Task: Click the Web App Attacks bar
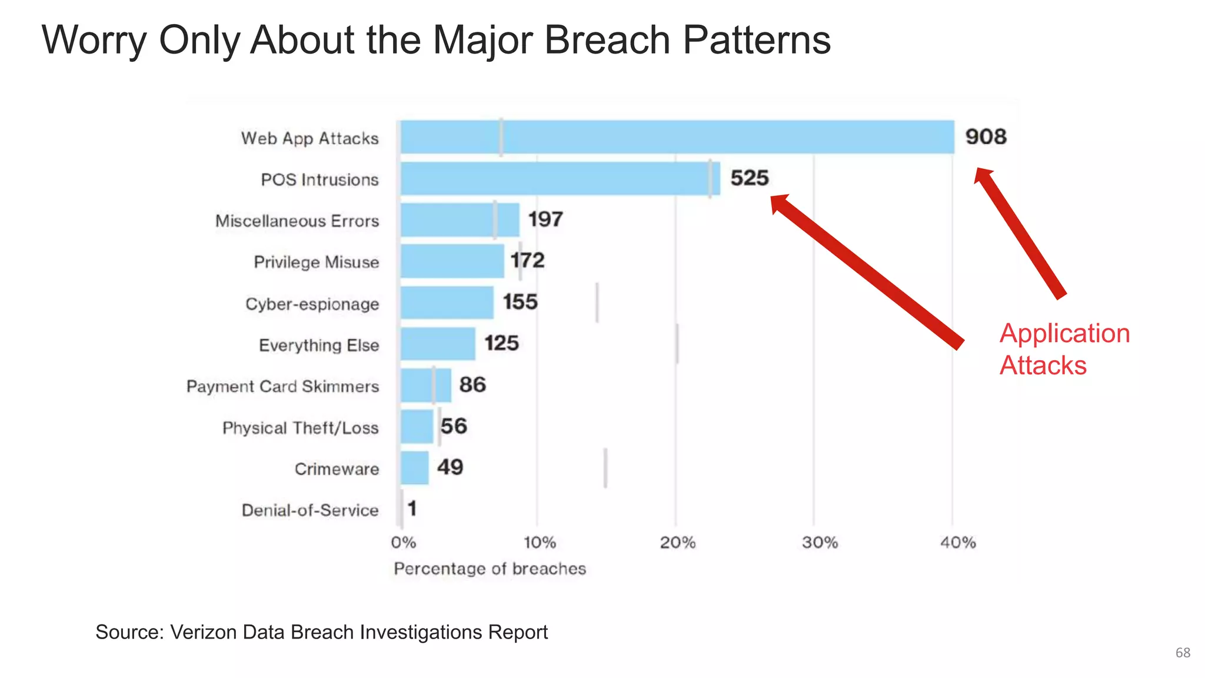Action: click(x=677, y=137)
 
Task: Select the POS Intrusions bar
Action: click(x=560, y=179)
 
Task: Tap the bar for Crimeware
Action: click(x=415, y=468)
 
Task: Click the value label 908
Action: click(x=986, y=137)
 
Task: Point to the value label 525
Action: click(x=750, y=178)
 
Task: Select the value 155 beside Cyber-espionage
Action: click(x=520, y=302)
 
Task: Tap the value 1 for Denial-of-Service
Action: click(x=412, y=508)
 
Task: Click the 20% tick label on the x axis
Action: click(x=677, y=543)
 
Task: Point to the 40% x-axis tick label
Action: click(x=958, y=543)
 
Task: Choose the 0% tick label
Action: click(x=404, y=543)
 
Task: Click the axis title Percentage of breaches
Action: click(x=490, y=569)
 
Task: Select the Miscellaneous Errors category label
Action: click(x=297, y=221)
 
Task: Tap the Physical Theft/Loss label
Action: click(x=300, y=428)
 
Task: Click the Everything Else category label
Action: click(x=319, y=345)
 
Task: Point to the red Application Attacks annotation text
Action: click(x=1064, y=349)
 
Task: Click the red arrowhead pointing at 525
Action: click(x=780, y=204)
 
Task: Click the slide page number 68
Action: click(x=1183, y=653)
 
